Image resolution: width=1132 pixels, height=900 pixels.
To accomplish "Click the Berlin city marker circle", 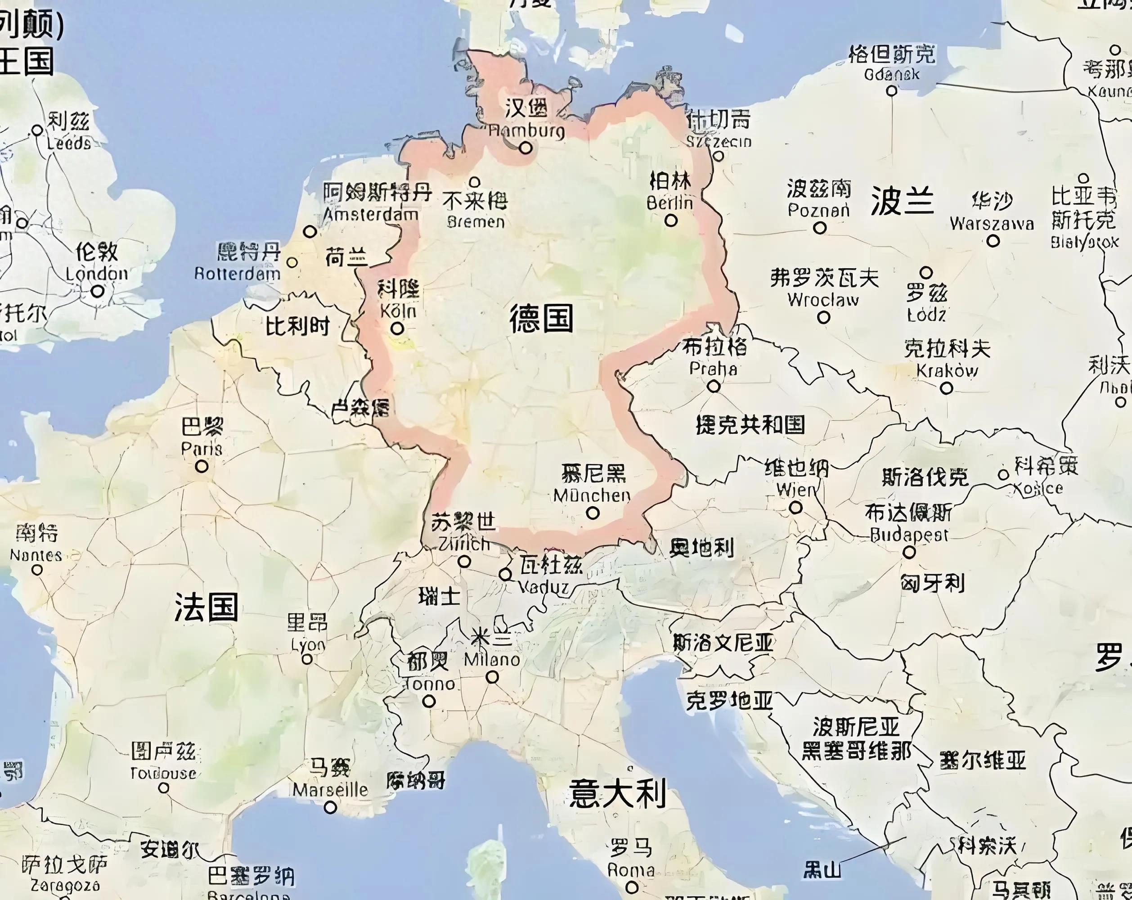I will [670, 220].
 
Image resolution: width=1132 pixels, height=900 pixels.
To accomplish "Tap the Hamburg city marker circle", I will [526, 148].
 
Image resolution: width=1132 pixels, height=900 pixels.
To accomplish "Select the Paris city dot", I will [202, 466].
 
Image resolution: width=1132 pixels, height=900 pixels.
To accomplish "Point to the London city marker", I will [98, 291].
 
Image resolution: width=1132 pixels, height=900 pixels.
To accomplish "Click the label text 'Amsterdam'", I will [371, 214].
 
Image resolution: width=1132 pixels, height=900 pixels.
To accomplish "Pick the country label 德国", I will [541, 319].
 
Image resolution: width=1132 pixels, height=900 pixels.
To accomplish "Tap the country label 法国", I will [207, 607].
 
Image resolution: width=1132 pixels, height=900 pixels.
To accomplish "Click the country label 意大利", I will [617, 793].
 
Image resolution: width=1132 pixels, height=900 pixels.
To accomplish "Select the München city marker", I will [593, 513].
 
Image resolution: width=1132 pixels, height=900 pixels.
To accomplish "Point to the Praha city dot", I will [713, 387].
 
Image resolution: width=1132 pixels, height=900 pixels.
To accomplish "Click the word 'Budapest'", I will [909, 535].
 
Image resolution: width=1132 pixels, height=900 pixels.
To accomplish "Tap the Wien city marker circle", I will [795, 508].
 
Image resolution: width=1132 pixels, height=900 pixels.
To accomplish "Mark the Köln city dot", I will [397, 328].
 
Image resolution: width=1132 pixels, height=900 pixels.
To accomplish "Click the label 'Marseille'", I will [330, 790].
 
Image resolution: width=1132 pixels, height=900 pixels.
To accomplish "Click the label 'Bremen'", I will [476, 221].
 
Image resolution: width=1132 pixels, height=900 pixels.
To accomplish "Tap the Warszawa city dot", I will [993, 241].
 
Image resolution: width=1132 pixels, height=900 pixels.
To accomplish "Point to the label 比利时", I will [298, 327].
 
